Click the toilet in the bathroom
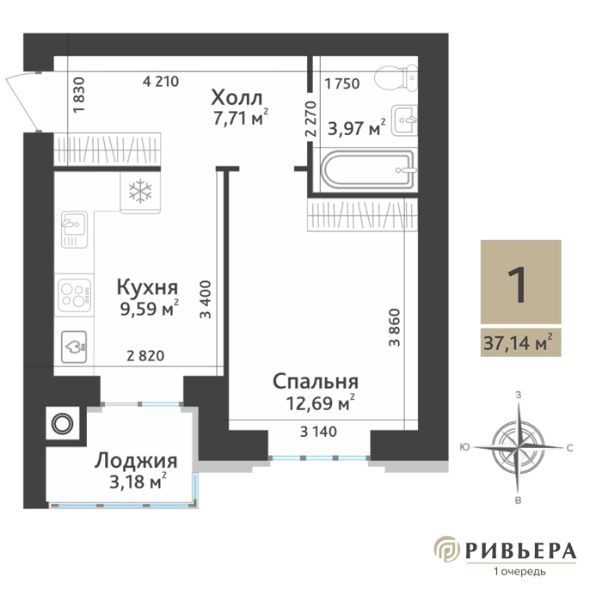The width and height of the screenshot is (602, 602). (396, 78)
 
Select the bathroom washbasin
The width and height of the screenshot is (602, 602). (404, 120)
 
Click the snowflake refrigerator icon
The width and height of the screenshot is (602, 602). (140, 191)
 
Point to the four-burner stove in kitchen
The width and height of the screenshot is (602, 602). (75, 295)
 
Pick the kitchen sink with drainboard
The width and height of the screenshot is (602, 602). (74, 230)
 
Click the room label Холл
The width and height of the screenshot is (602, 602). (236, 97)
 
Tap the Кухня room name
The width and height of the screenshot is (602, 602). (147, 287)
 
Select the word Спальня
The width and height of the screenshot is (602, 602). (316, 381)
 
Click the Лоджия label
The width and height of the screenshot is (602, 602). (136, 462)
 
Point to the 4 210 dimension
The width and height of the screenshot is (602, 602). (161, 82)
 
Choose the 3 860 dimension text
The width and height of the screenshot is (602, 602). (395, 328)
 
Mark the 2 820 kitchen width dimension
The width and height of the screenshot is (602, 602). (145, 356)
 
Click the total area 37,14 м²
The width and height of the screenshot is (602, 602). (518, 342)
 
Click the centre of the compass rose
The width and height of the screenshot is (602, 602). (518, 447)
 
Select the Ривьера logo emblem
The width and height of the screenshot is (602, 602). (447, 549)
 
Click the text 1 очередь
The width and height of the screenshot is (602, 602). (519, 572)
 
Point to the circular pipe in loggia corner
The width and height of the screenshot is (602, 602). (63, 424)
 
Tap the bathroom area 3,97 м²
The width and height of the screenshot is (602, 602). (357, 128)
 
